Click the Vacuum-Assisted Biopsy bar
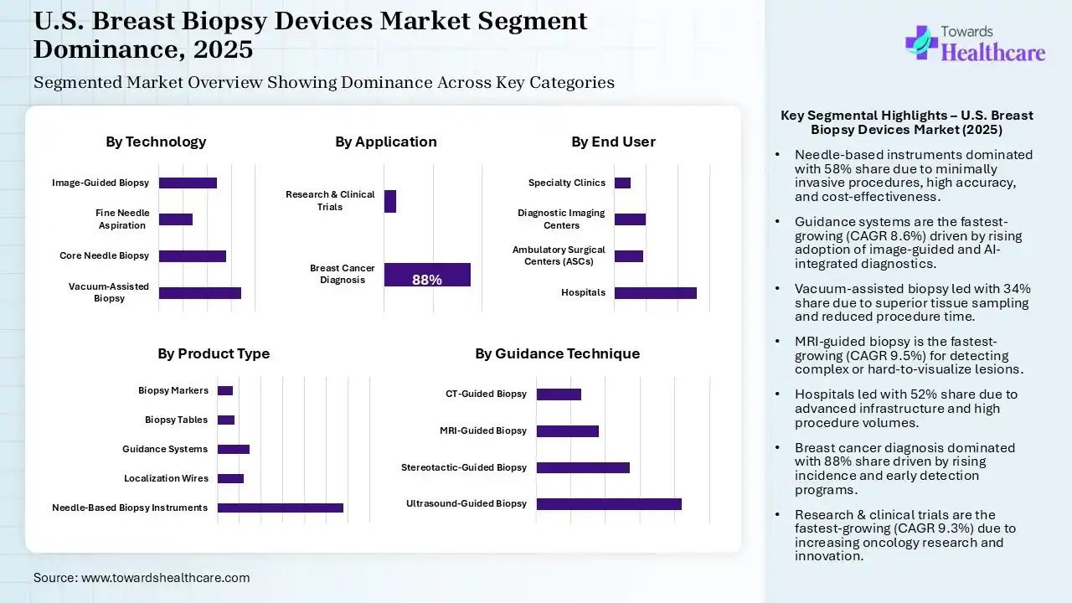(x=199, y=293)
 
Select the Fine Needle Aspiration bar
(x=175, y=219)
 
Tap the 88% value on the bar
(x=427, y=280)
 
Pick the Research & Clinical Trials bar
(x=390, y=201)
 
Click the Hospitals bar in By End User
(x=655, y=293)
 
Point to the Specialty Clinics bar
(x=622, y=183)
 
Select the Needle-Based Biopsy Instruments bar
(x=280, y=508)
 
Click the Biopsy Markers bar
(x=224, y=390)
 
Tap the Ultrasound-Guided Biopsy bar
(x=609, y=504)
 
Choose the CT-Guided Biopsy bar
(x=559, y=394)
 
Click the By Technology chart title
(x=156, y=142)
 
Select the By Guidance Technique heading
(x=557, y=354)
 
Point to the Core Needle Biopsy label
(x=104, y=256)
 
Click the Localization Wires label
(x=166, y=479)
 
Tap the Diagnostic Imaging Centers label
(x=560, y=219)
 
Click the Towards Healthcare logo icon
(x=920, y=41)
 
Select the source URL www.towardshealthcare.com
(x=165, y=578)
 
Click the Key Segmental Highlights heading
(x=906, y=122)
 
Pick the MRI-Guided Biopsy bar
(x=567, y=431)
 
